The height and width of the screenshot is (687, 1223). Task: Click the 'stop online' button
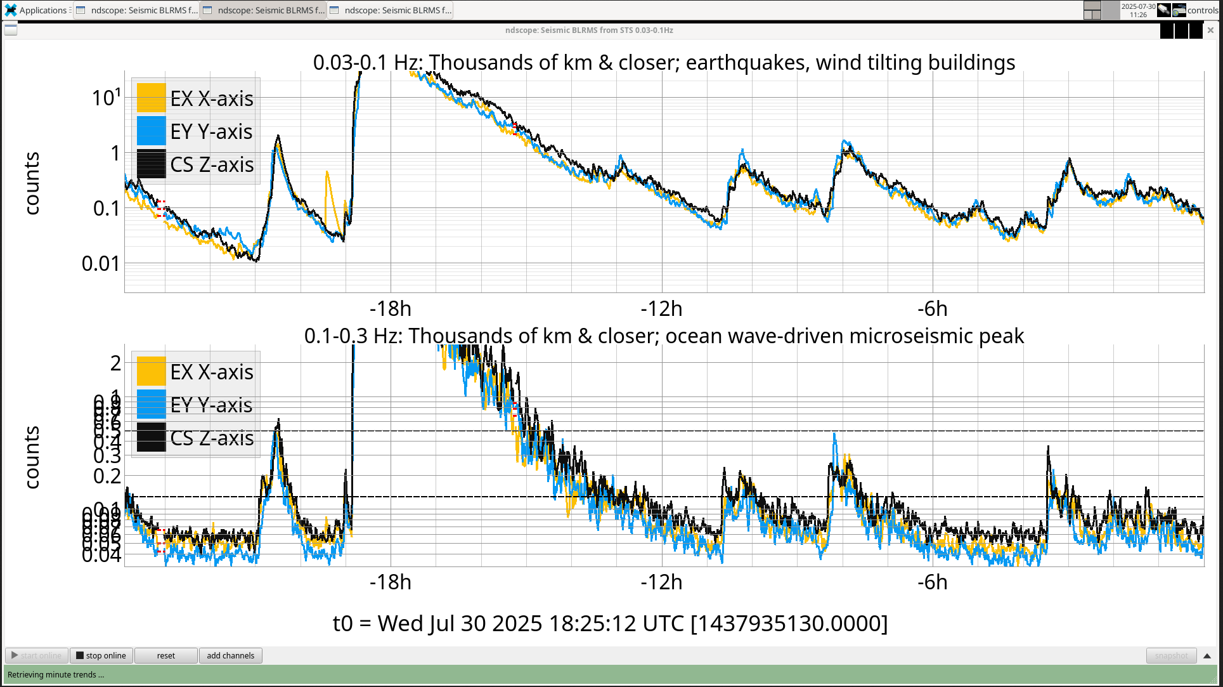(x=101, y=655)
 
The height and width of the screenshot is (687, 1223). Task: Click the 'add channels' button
(x=230, y=655)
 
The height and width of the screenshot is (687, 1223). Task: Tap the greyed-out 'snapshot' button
(x=1171, y=655)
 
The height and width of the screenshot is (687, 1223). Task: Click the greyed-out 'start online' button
(x=37, y=655)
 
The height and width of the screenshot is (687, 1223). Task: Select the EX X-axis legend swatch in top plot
(x=151, y=98)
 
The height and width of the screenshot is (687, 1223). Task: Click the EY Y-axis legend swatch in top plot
(x=151, y=131)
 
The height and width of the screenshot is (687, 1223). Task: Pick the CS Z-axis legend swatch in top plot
(x=151, y=164)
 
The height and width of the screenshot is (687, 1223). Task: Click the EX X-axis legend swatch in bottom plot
(x=151, y=372)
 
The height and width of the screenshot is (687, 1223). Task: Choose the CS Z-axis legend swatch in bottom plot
(x=151, y=438)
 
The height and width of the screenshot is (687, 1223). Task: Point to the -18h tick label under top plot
(x=390, y=309)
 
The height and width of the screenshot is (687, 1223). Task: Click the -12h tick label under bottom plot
(x=661, y=582)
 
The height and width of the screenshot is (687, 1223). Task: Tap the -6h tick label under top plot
(x=932, y=309)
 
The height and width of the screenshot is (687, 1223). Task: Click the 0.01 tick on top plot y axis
(x=101, y=263)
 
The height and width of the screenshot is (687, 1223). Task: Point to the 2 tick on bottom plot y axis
(x=115, y=363)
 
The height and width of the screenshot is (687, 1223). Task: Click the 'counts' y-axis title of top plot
(x=32, y=183)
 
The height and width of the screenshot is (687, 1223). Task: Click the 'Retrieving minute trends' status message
(x=56, y=674)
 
